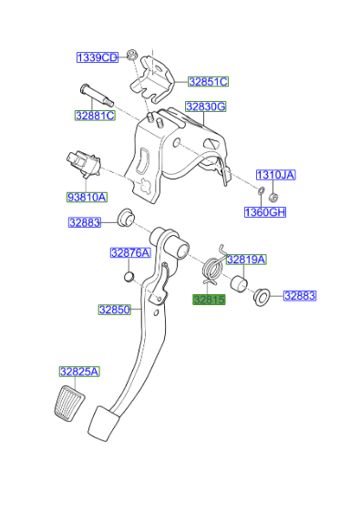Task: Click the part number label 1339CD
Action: [x=97, y=57]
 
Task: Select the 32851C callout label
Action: [x=208, y=81]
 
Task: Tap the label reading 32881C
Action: [x=95, y=116]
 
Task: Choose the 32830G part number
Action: [x=206, y=107]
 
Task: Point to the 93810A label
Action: [x=86, y=196]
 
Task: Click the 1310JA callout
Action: [x=275, y=174]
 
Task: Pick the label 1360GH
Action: [x=263, y=212]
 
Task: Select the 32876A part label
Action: [x=129, y=252]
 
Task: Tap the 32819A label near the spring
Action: [x=245, y=259]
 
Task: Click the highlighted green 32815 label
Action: [x=208, y=299]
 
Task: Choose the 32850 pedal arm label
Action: [x=115, y=309]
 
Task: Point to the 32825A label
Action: [x=79, y=371]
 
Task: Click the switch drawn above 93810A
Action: [x=83, y=165]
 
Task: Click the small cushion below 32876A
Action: [x=129, y=276]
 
